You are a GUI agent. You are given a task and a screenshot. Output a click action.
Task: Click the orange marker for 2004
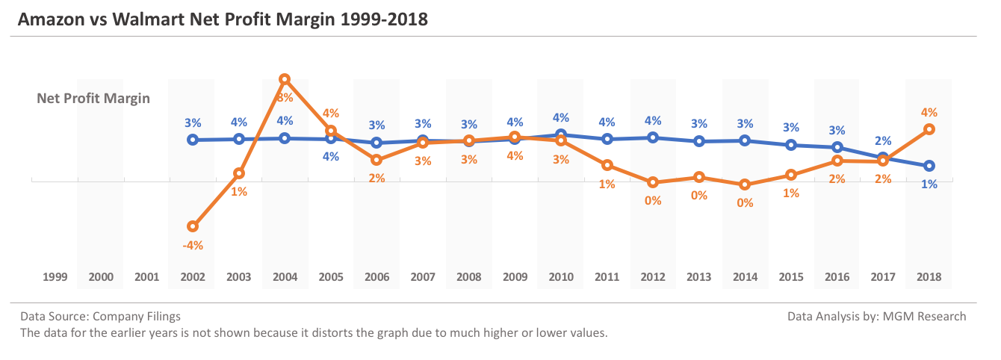[x=285, y=78]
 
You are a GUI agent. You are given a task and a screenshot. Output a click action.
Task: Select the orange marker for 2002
[x=193, y=226]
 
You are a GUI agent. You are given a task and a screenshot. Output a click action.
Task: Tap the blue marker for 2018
[x=929, y=166]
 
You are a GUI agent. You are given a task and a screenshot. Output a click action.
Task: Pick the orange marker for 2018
[x=929, y=129]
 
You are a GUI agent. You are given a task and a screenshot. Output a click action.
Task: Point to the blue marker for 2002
[x=193, y=140]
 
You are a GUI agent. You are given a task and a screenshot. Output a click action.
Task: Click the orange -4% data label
[x=193, y=244]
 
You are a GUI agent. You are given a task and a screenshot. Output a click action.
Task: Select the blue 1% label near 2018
[x=929, y=184]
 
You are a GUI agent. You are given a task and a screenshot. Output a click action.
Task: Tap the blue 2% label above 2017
[x=883, y=140]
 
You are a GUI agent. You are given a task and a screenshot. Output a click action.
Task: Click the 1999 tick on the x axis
[x=55, y=277]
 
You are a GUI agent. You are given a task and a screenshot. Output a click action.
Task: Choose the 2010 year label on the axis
[x=561, y=277]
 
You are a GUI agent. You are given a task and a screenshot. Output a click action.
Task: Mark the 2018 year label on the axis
[x=929, y=277]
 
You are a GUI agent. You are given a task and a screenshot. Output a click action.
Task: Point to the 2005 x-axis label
[x=331, y=277]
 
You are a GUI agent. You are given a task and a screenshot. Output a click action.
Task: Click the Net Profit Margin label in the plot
[x=93, y=98]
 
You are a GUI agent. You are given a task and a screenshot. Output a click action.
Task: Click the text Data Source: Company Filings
[x=100, y=317]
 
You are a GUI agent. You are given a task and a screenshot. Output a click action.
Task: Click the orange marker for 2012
[x=653, y=182]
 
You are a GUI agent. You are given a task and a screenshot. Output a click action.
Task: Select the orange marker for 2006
[x=377, y=160]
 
